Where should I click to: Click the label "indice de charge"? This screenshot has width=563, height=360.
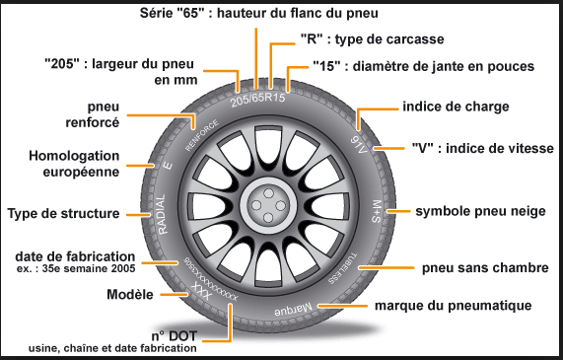click(x=455, y=106)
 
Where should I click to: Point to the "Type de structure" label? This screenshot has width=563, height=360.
click(x=63, y=213)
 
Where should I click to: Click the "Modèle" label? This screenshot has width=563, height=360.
click(x=128, y=295)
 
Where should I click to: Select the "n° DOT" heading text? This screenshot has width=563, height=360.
click(x=169, y=333)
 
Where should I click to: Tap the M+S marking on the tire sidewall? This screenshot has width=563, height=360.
click(x=377, y=211)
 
